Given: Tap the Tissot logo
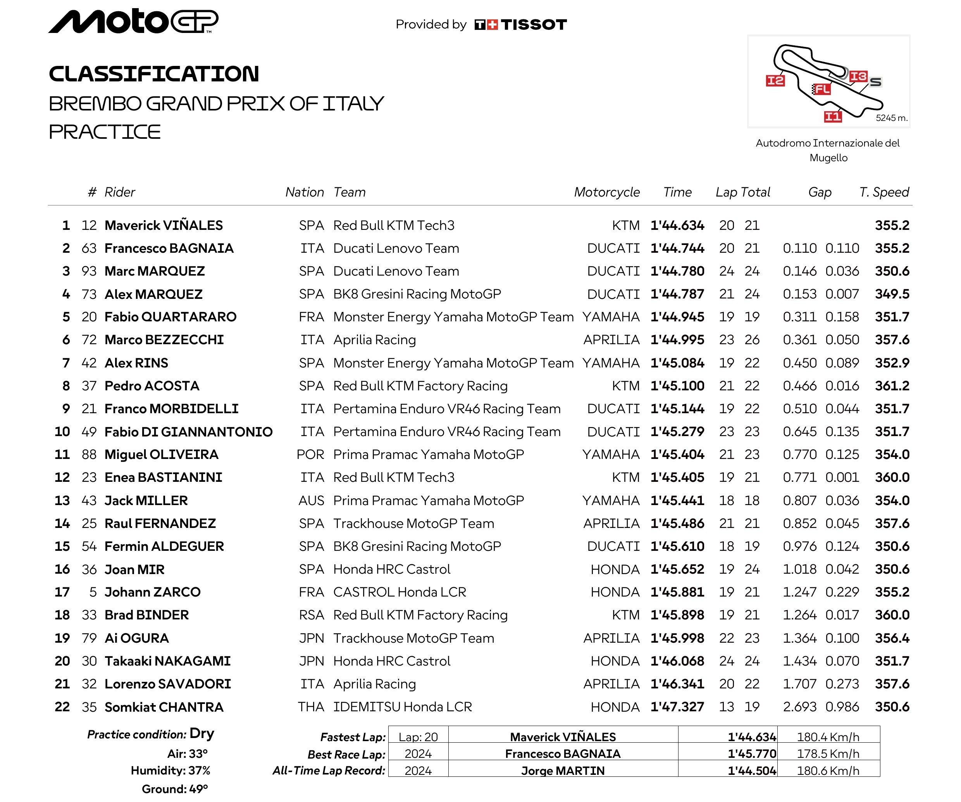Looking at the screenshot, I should (x=520, y=24).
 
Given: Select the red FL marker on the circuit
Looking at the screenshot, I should (x=822, y=89).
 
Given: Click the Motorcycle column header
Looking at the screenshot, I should (x=607, y=192).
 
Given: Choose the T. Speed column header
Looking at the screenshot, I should (x=883, y=192).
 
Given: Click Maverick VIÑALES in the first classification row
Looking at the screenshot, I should (x=164, y=225).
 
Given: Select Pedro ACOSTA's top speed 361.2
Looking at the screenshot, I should (x=892, y=386).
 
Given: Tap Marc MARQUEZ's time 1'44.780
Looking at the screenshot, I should (x=677, y=271).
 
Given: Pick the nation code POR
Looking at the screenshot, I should (x=310, y=455).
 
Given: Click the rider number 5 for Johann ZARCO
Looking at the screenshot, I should (x=93, y=592).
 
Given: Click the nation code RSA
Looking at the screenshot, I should (x=311, y=615).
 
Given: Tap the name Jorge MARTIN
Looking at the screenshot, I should (x=563, y=771).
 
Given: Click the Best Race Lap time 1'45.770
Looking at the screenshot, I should (x=752, y=754).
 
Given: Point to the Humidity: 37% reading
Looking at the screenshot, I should (x=170, y=771).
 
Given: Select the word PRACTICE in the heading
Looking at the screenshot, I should (x=105, y=132).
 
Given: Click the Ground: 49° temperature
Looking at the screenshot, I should (x=174, y=789).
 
